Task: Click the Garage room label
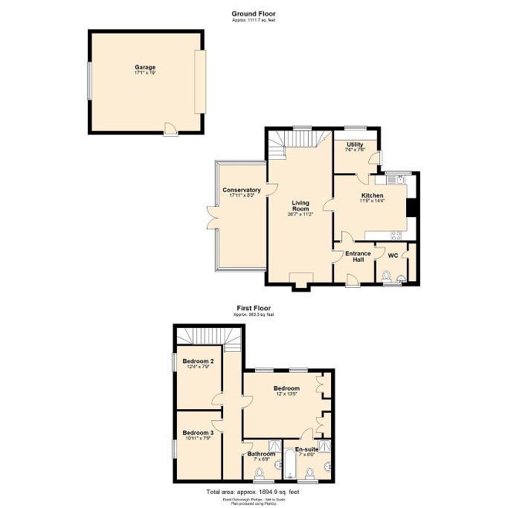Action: coord(145,68)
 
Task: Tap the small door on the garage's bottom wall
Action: coord(170,130)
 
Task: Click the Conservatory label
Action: coord(241,190)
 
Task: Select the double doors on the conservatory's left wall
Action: coord(214,216)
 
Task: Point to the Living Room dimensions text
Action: coord(300,214)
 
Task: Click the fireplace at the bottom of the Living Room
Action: coord(300,280)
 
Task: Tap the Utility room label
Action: coord(354,144)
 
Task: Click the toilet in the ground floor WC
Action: coord(385,277)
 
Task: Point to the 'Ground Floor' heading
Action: coord(253,13)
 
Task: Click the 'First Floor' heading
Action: coord(253,307)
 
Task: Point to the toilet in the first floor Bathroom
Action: coord(261,473)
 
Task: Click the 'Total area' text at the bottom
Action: coord(253,492)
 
